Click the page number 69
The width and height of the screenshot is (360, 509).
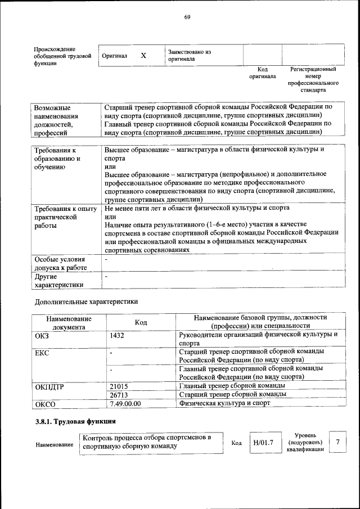(x=187, y=17)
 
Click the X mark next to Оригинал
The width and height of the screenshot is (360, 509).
(x=143, y=56)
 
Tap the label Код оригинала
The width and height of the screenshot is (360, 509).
(x=262, y=73)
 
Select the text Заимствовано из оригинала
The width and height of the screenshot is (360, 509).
(x=189, y=55)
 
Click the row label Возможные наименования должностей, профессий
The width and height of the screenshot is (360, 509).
(x=57, y=120)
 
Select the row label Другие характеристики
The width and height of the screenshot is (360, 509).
(x=55, y=281)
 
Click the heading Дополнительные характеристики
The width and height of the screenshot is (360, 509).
(x=86, y=302)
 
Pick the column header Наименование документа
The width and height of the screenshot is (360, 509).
(x=69, y=322)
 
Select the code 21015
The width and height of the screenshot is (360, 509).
(x=119, y=386)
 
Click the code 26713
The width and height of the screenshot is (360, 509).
(x=119, y=395)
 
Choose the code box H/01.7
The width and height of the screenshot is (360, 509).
(x=263, y=443)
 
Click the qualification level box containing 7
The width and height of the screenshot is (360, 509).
(x=337, y=443)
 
